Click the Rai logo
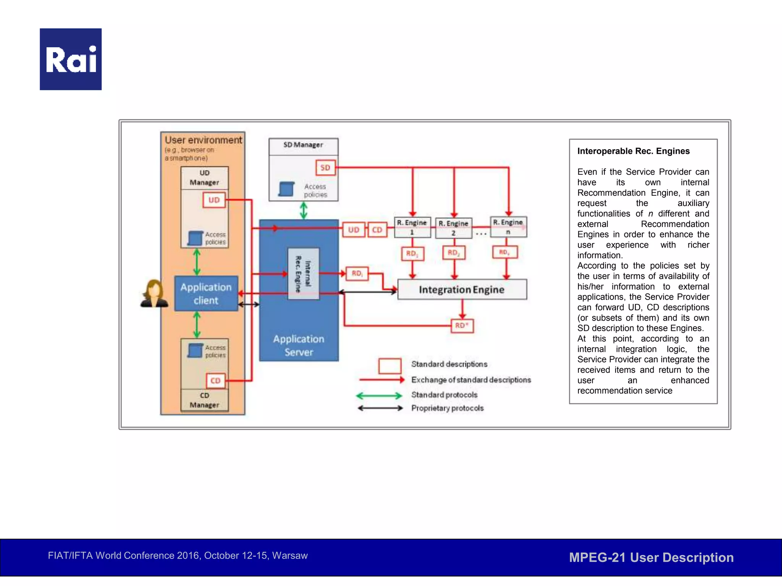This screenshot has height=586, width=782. pos(71,59)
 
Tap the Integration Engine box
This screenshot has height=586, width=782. pos(462,290)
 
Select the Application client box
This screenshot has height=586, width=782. pos(206,293)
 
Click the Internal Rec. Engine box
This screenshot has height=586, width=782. pos(303,274)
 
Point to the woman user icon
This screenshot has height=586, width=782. pos(154,294)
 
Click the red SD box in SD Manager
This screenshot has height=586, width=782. pos(325,167)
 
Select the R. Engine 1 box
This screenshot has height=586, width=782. pos(412,227)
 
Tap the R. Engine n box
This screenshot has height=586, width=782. pos(508,227)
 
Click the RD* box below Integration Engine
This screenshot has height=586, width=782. pos(462,325)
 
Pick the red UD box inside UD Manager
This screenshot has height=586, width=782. pos(214,200)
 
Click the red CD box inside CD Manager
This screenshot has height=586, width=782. pos(215,380)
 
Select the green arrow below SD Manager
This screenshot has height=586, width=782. pos(304,210)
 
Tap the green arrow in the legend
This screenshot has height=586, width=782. pos(379,395)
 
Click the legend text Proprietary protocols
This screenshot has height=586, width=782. pos(447,408)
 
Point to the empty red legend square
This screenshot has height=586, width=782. pos(389,365)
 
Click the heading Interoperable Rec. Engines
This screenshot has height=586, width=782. pos(633,151)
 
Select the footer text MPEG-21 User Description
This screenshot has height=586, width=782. pos(651,557)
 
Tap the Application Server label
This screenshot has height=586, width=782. pos(299,345)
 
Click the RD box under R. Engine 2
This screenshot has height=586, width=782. pos(454,253)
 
